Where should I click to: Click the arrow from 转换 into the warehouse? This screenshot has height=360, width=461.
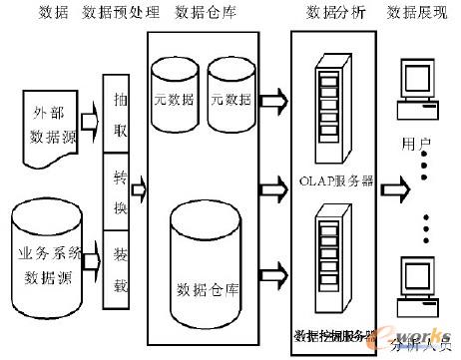pos(141,185)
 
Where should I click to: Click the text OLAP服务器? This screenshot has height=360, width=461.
pos(334,181)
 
